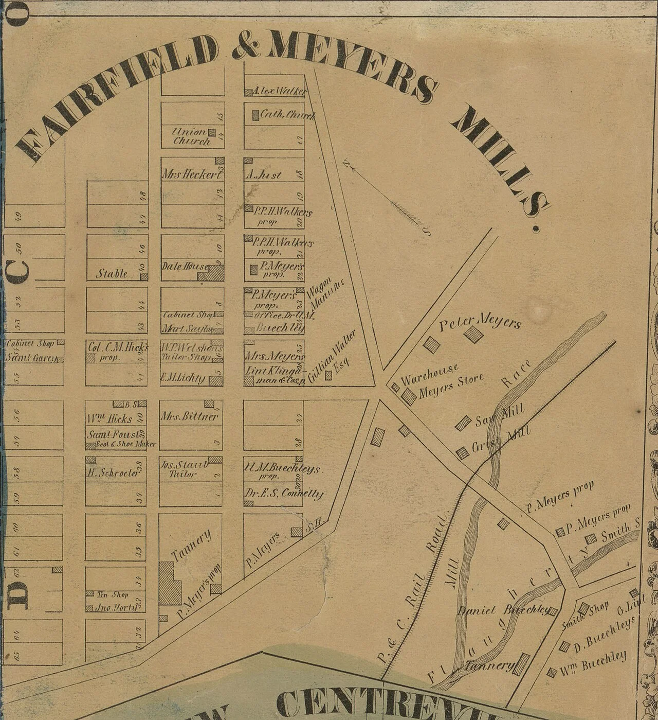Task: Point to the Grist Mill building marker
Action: (463, 452)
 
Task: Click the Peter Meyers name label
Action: (480, 322)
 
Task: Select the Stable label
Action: (112, 273)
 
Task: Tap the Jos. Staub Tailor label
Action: (184, 469)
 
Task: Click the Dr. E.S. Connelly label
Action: (284, 494)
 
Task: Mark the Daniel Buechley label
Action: (503, 610)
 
